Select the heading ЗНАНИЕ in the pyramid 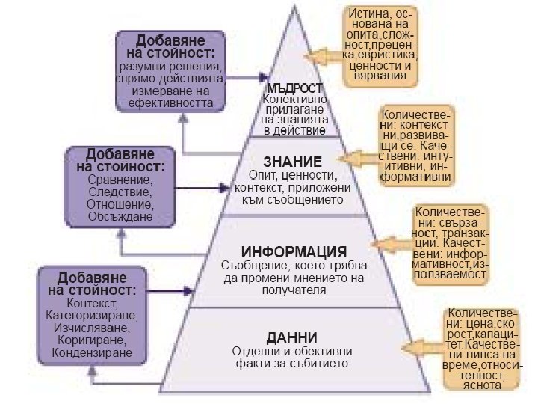click(x=293, y=161)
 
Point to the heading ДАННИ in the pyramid click(x=293, y=337)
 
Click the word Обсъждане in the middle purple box click(x=120, y=216)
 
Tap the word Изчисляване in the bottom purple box click(x=87, y=327)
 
